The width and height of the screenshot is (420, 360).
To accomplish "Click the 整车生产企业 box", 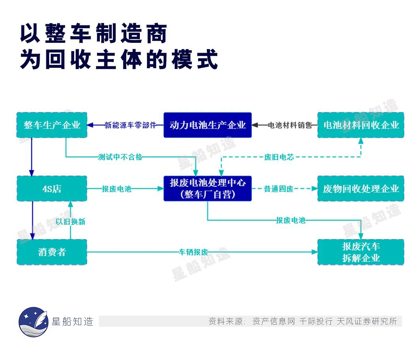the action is (x=52, y=125).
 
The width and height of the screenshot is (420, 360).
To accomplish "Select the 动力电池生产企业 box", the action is (x=208, y=125).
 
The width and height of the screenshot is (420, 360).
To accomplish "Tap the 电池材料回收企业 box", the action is (x=361, y=125).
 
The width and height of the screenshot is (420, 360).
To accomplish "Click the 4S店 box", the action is (x=52, y=188).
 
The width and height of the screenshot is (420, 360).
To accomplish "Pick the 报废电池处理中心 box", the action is (x=208, y=188).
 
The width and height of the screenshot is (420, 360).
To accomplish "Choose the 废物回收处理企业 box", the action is (x=361, y=188).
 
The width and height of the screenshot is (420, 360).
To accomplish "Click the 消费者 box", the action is (x=52, y=252).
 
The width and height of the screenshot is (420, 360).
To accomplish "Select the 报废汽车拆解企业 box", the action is (x=361, y=252).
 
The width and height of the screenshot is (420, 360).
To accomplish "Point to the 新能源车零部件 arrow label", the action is (x=130, y=125).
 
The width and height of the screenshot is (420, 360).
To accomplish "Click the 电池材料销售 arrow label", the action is (x=290, y=125).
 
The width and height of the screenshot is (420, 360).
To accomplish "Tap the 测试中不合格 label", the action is (x=120, y=157).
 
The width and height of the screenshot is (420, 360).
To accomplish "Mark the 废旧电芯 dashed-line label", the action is (x=279, y=157).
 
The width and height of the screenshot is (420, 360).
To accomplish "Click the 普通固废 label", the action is (x=279, y=189).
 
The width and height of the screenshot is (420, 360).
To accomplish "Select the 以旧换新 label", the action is (x=71, y=221).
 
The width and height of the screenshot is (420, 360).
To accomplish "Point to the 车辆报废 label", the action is (x=193, y=252).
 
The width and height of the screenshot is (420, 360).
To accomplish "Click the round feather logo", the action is (x=34, y=322).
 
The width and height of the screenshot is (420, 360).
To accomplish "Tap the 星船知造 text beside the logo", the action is (x=73, y=322).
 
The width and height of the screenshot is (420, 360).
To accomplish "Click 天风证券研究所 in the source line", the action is (x=367, y=321).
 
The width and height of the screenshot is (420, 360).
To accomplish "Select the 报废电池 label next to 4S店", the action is (x=116, y=189).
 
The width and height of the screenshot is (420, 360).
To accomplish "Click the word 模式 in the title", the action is (x=195, y=59).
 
